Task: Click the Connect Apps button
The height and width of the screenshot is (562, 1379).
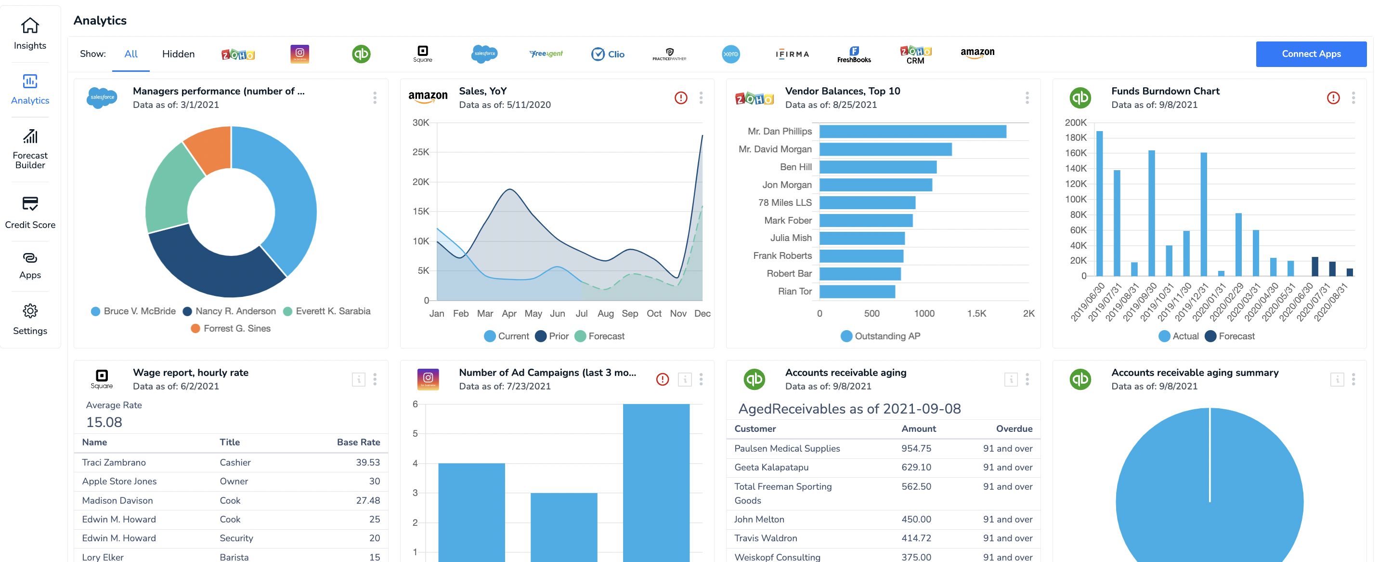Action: pyautogui.click(x=1311, y=54)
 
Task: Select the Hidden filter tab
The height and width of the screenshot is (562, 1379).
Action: pyautogui.click(x=178, y=54)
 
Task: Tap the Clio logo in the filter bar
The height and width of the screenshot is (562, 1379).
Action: pyautogui.click(x=608, y=54)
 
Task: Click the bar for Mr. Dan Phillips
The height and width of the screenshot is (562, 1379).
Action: pyautogui.click(x=912, y=131)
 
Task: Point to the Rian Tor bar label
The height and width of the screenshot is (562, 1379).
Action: pyautogui.click(x=794, y=292)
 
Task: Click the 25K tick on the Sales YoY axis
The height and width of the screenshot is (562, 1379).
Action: pyautogui.click(x=421, y=152)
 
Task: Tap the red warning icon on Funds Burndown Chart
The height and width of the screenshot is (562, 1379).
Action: pyautogui.click(x=1333, y=97)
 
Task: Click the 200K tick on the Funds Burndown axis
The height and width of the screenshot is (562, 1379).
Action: pyautogui.click(x=1076, y=123)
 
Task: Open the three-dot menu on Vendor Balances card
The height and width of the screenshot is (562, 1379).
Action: pyautogui.click(x=1027, y=97)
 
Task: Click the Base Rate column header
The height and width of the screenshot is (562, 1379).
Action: pyautogui.click(x=358, y=442)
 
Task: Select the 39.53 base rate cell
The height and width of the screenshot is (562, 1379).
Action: pyautogui.click(x=368, y=462)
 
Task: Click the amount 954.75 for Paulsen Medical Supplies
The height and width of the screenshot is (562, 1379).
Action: pyautogui.click(x=916, y=448)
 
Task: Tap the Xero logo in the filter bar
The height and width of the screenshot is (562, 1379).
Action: pyautogui.click(x=731, y=54)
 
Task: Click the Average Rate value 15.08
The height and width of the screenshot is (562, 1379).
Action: pyautogui.click(x=104, y=422)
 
